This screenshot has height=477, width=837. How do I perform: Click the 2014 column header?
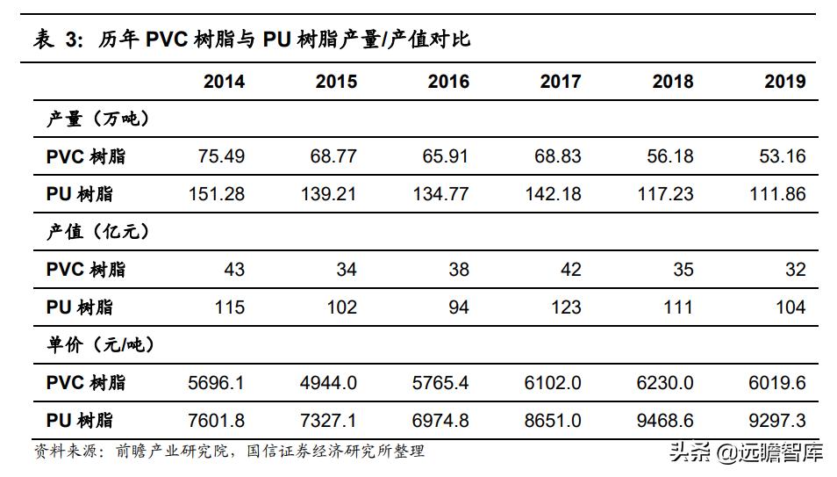pos(224,82)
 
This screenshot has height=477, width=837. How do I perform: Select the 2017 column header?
pos(561,82)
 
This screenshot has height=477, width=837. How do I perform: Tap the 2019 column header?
pos(784,82)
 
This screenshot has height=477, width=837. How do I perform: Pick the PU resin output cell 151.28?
pos(216,194)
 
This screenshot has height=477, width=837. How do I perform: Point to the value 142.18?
pos(553,194)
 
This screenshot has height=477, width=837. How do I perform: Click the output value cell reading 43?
pos(234,270)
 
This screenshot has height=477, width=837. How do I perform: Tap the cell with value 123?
pos(566,307)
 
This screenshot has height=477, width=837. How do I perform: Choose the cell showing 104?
pos(790,307)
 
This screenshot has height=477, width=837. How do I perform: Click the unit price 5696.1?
pos(216,383)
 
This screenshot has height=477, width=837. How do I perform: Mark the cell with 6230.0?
pos(665,383)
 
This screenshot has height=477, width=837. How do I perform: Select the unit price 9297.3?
pos(777,421)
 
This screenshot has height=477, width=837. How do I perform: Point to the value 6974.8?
pos(440,421)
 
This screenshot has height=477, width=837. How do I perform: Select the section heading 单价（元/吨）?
pos(101,345)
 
